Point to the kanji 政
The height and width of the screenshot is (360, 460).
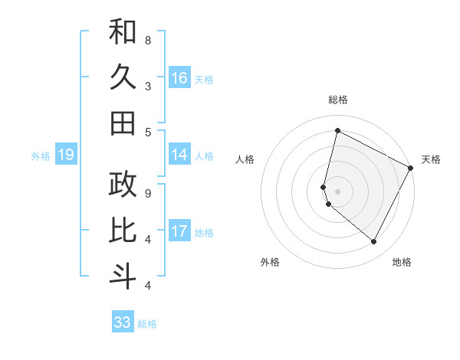click(123, 184)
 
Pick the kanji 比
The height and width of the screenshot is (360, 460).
click(123, 230)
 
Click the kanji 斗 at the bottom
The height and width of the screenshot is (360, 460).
click(123, 276)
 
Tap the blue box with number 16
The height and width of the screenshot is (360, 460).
click(179, 78)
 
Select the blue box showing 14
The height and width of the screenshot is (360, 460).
click(179, 155)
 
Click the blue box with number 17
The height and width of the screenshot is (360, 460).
click(179, 232)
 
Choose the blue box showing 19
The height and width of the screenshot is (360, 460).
click(65, 155)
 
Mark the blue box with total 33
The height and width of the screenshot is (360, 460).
click(123, 322)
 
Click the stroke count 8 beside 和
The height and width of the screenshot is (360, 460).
click(148, 40)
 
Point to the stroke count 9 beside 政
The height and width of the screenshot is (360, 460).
click(148, 193)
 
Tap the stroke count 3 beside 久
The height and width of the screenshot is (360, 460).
click(148, 86)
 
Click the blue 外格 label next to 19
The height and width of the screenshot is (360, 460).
click(41, 156)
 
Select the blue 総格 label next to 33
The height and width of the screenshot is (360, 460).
click(147, 324)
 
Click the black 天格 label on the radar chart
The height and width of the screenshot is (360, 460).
click(431, 159)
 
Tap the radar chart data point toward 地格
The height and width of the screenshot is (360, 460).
click(374, 242)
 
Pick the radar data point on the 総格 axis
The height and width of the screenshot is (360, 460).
click(337, 131)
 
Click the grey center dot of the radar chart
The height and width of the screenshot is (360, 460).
click(337, 191)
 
